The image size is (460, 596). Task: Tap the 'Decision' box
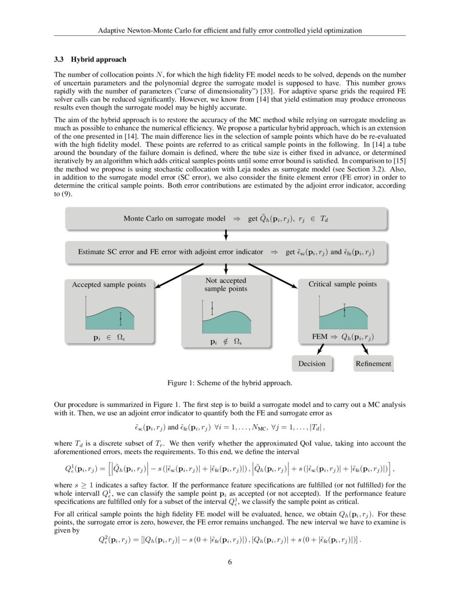(312, 364)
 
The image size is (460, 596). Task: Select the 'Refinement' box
(373, 364)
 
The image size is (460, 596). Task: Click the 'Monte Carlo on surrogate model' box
(226, 219)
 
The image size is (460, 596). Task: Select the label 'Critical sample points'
(343, 284)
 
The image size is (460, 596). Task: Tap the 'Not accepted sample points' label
(226, 284)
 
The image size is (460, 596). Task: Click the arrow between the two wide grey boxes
(226, 235)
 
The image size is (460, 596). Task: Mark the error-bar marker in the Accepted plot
(120, 319)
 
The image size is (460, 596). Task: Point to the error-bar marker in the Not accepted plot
(212, 308)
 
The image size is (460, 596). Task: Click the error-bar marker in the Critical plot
(344, 310)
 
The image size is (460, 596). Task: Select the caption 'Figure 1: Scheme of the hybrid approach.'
(230, 383)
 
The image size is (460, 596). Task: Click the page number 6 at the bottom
(230, 561)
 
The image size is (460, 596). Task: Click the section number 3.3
(60, 59)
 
